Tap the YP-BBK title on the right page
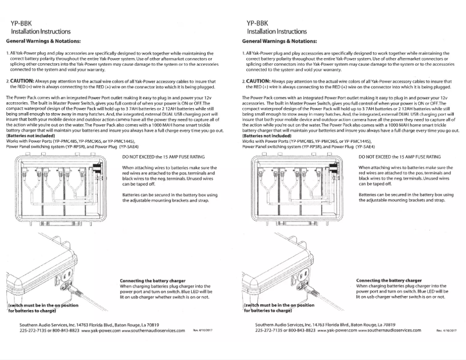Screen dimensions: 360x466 pyautogui.click(x=254, y=23)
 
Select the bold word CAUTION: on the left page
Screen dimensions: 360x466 pyautogui.click(x=25, y=81)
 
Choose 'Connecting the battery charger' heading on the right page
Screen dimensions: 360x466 pyautogui.click(x=389, y=280)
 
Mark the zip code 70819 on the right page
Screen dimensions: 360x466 pyautogui.click(x=389, y=323)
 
